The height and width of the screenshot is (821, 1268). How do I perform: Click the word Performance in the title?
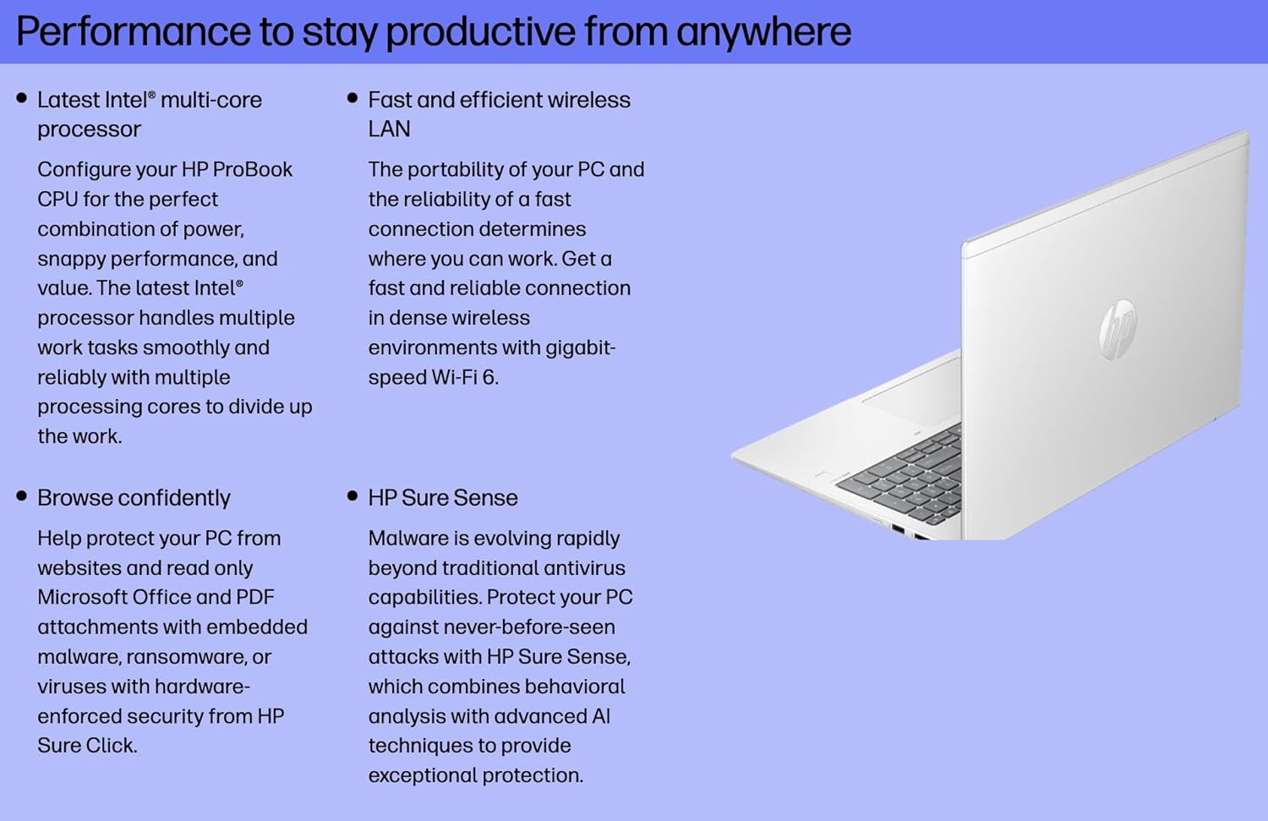134,32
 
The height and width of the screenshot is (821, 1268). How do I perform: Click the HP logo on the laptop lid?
1118,329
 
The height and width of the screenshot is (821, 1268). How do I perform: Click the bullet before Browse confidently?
22,496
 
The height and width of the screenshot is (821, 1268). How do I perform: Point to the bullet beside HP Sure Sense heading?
353,496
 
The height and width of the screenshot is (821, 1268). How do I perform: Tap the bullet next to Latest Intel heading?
22,98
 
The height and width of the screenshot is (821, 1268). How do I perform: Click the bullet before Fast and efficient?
353,98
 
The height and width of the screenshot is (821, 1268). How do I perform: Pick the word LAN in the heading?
389,129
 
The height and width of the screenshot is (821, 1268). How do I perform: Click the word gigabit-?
580,348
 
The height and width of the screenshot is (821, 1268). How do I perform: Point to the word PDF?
255,598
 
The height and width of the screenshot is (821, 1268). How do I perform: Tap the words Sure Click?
86,746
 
